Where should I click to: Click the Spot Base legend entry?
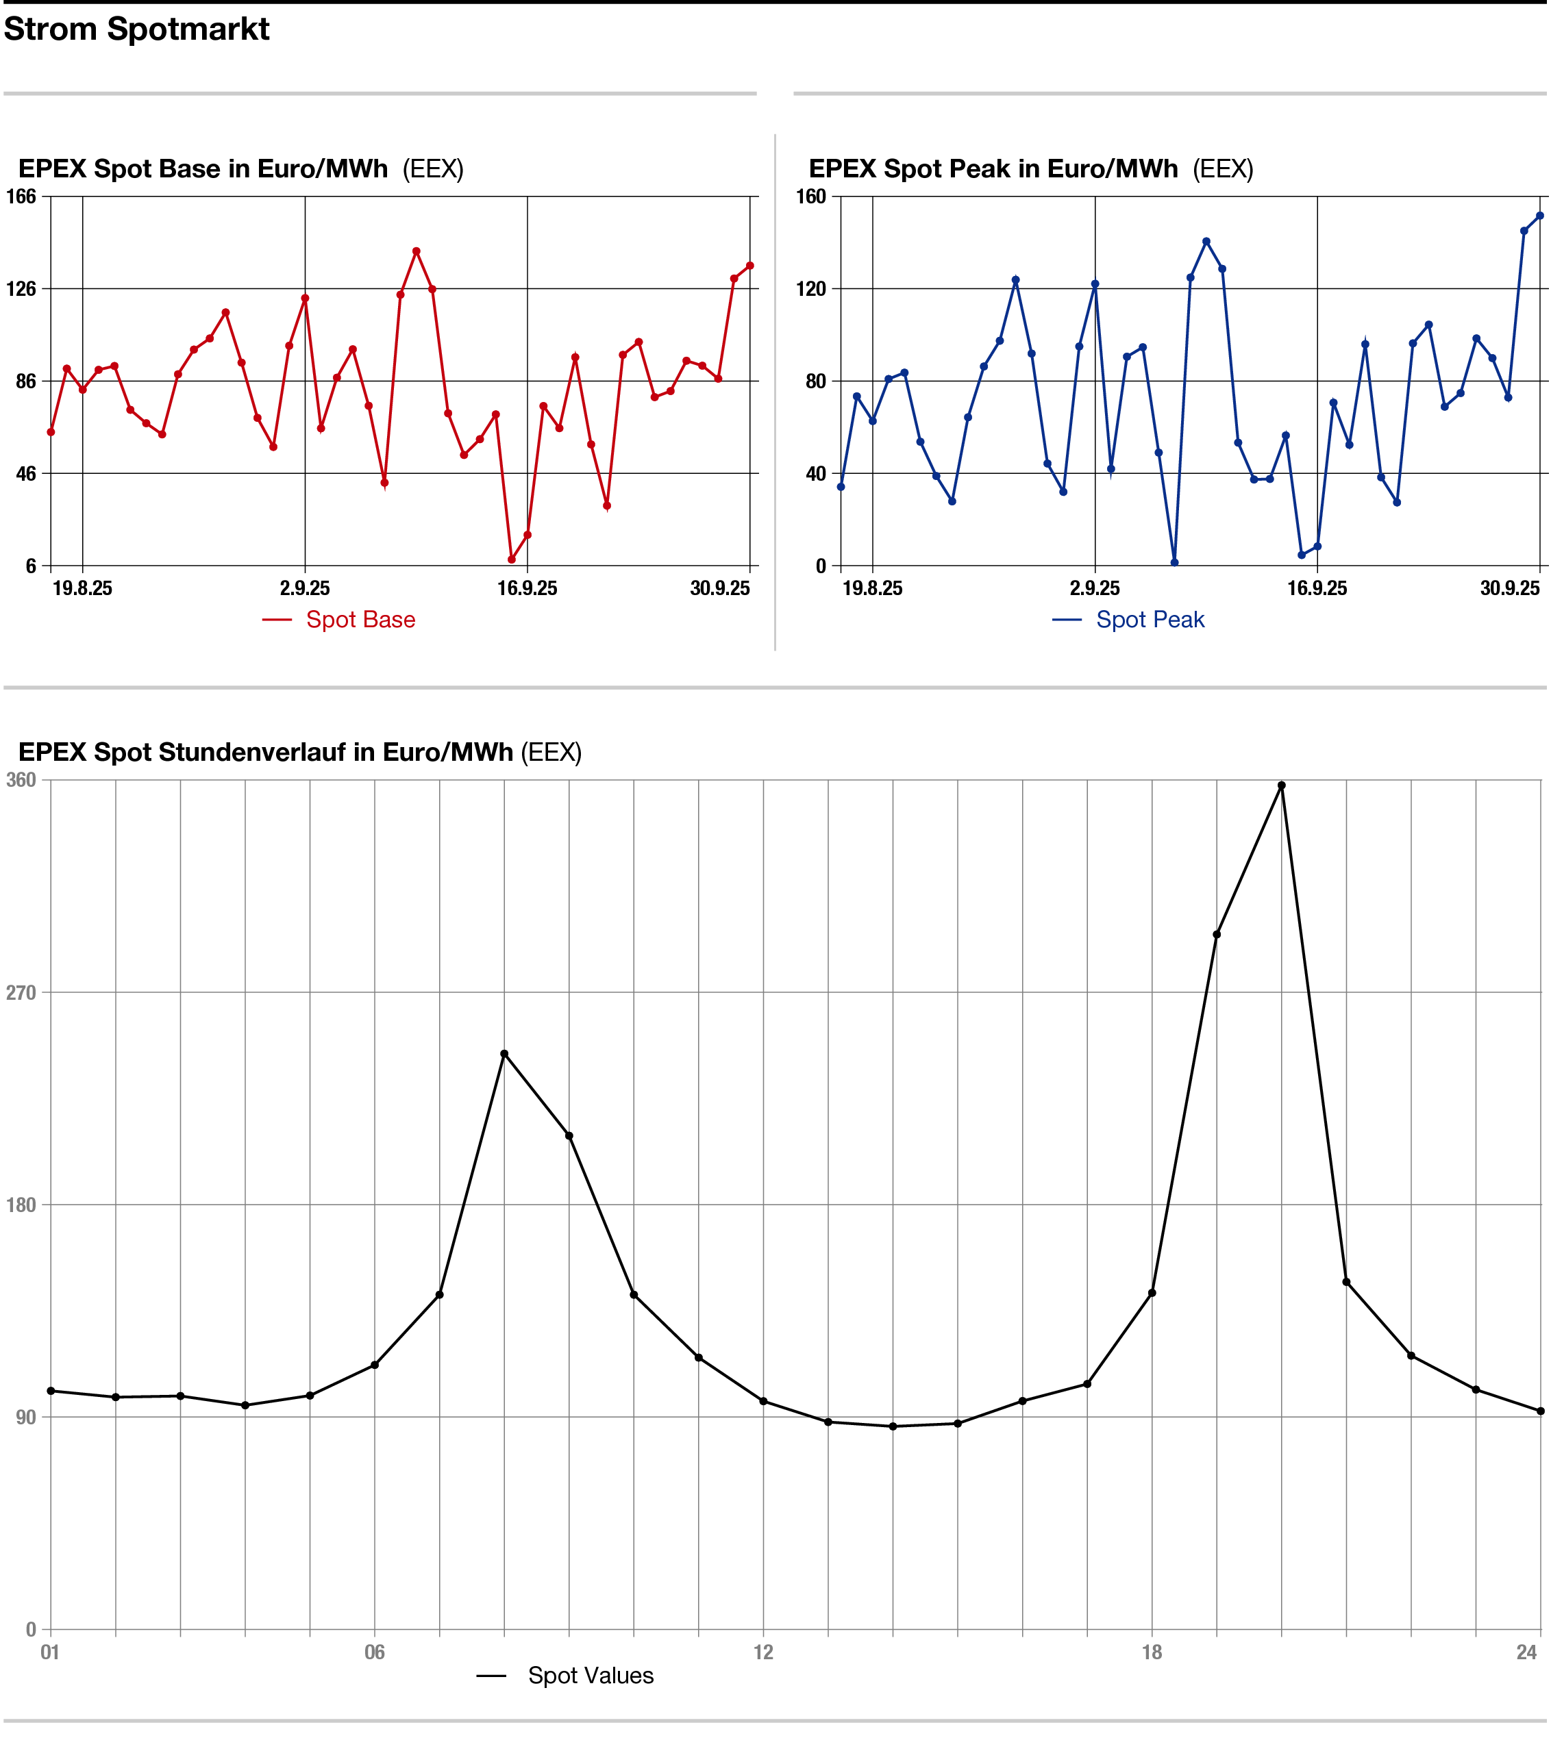click(360, 619)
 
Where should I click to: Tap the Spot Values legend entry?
click(590, 1676)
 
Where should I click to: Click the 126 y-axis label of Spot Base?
click(21, 289)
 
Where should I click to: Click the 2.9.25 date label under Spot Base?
click(305, 588)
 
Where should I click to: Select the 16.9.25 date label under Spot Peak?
click(1317, 588)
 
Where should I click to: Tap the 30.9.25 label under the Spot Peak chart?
click(1510, 588)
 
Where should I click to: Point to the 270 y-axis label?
click(21, 993)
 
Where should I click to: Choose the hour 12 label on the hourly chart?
click(763, 1652)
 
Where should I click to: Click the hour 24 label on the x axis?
click(1527, 1652)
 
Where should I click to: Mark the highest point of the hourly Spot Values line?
click(1281, 785)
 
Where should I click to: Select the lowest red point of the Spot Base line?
click(512, 559)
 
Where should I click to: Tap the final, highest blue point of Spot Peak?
click(1540, 216)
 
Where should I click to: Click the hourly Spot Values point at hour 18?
click(1152, 1293)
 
